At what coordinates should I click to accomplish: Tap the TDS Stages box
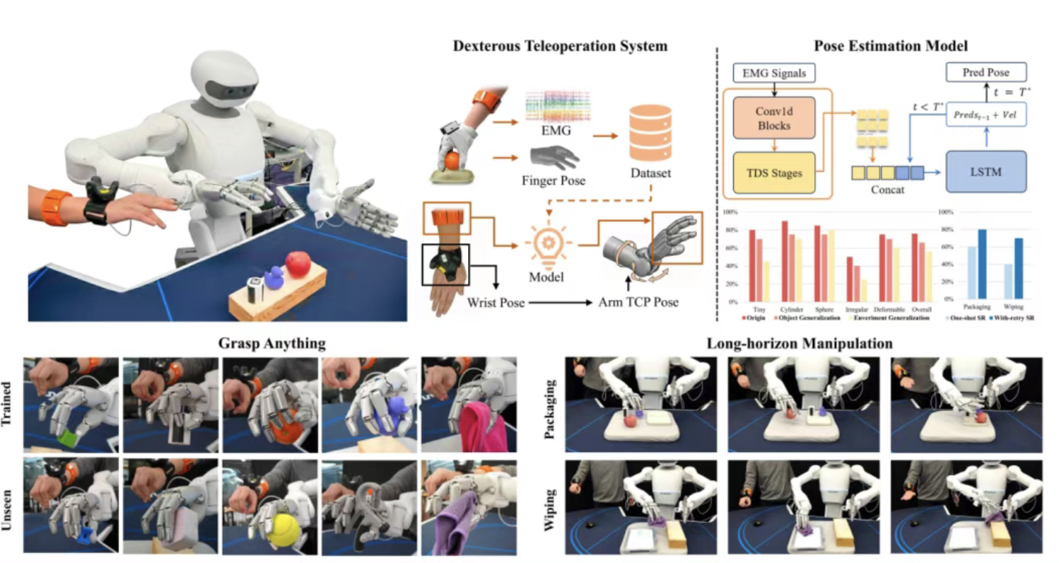774,172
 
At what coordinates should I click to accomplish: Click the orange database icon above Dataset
650,137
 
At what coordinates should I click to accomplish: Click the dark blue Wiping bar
1019,269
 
